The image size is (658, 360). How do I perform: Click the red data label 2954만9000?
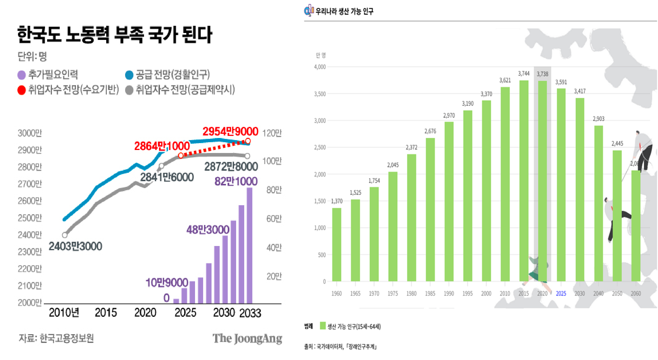click(x=230, y=131)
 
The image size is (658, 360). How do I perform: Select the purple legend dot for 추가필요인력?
click(x=22, y=75)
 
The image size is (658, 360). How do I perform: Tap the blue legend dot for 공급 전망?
click(x=129, y=75)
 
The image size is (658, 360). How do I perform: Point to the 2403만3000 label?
click(x=75, y=246)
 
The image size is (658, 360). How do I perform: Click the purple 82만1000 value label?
click(x=236, y=181)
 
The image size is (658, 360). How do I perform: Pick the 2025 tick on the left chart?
click(x=185, y=313)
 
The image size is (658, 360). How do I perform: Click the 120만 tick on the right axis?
click(x=272, y=133)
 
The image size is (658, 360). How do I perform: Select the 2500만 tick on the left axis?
click(x=30, y=218)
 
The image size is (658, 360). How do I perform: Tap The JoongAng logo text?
click(x=247, y=339)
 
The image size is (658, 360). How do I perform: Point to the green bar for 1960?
click(x=337, y=244)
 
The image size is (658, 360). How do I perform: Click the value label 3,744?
click(x=524, y=73)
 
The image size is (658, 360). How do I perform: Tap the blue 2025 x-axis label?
click(x=561, y=293)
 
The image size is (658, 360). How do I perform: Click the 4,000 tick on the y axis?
click(x=320, y=67)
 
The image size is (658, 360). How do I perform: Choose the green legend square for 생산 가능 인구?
click(x=323, y=326)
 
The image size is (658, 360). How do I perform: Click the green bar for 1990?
click(x=449, y=201)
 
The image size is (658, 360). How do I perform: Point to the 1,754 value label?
click(x=374, y=181)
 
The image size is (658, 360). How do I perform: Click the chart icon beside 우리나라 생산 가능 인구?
click(x=309, y=10)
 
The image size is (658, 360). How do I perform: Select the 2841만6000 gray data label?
click(x=167, y=177)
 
